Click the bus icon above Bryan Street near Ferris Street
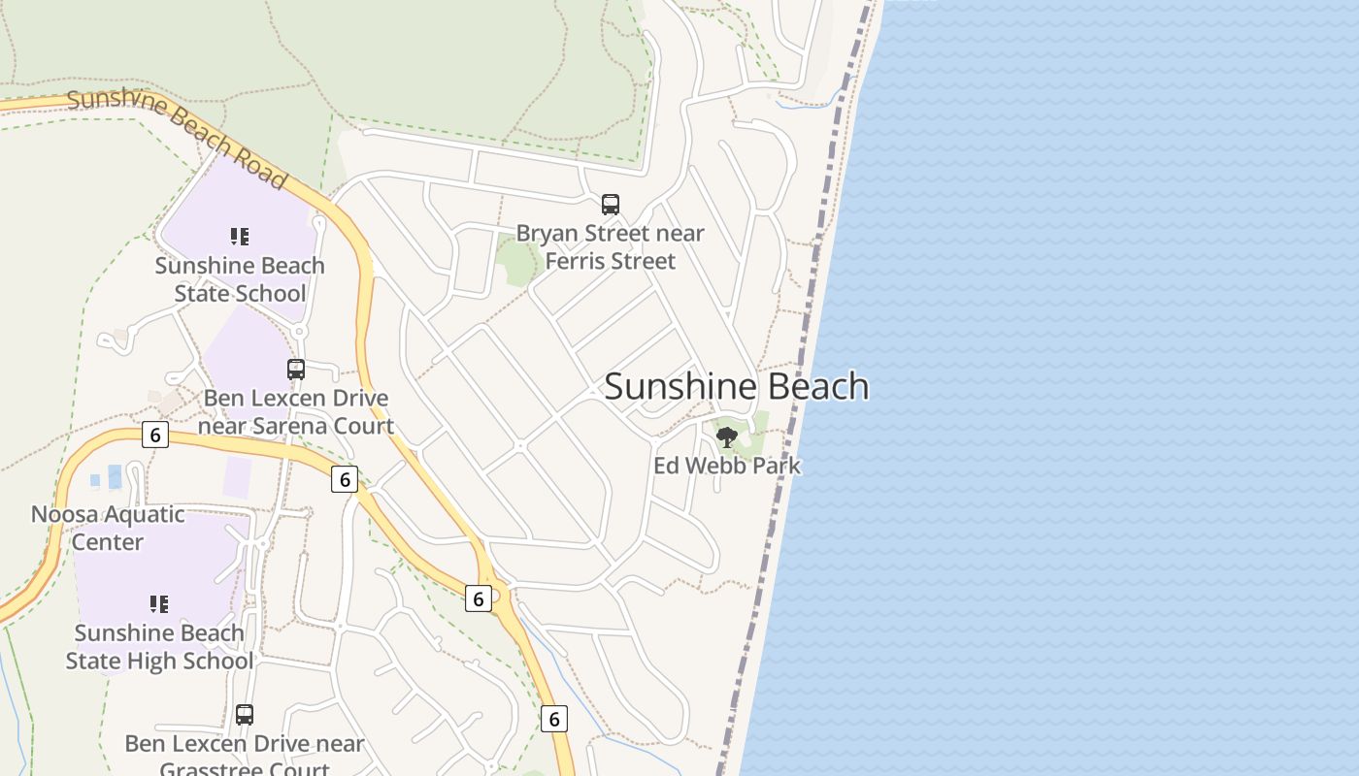(611, 205)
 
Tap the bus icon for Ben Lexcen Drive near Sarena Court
(296, 370)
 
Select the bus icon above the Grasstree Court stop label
(245, 715)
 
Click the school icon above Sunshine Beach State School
(240, 236)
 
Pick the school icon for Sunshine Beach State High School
(159, 604)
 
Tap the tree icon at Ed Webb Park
(726, 437)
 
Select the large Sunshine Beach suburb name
(736, 386)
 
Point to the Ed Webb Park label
(727, 466)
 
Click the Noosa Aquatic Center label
(108, 528)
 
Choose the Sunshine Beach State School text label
(240, 279)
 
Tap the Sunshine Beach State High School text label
(159, 647)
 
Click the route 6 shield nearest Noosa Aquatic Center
(155, 435)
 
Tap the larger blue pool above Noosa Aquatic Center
(115, 476)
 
